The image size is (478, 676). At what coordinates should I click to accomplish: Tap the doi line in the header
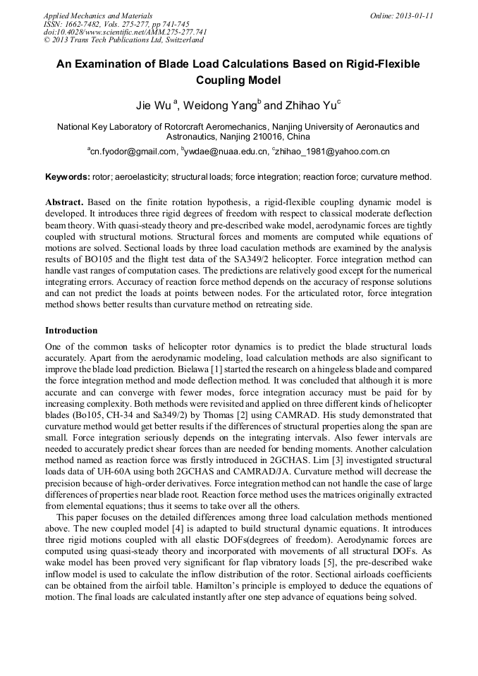point(125,32)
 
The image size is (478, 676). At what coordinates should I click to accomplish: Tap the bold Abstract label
point(65,202)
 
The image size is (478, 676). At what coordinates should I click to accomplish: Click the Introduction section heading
point(71,330)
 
